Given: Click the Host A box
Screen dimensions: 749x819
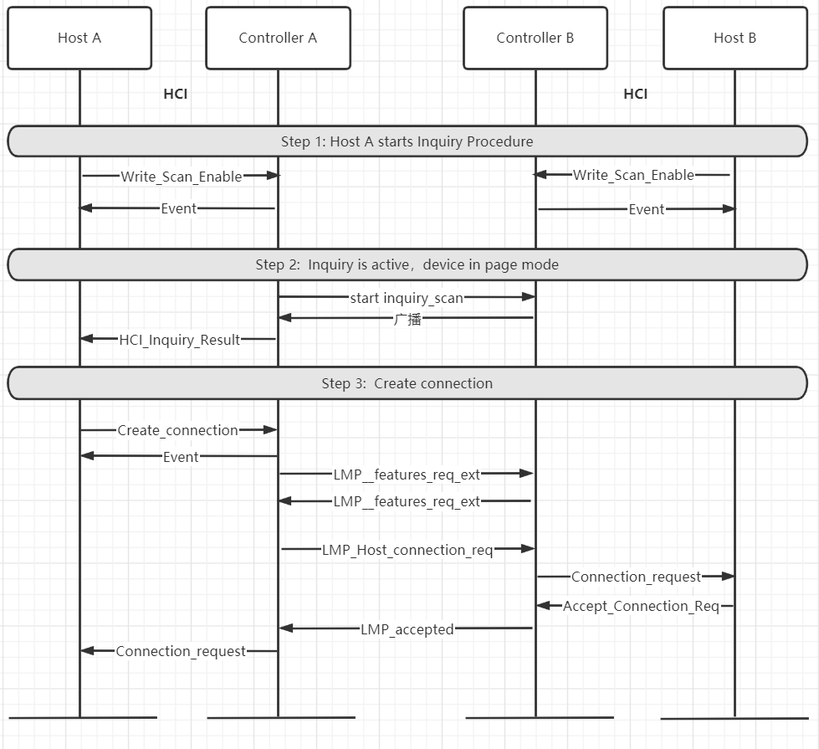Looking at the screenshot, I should [x=79, y=38].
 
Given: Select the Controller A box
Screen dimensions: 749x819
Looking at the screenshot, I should [x=278, y=38].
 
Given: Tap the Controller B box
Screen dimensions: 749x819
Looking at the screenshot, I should [x=535, y=38].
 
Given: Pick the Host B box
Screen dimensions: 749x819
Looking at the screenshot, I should [x=735, y=38].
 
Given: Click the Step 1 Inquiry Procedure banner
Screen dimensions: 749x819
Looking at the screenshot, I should [x=407, y=141].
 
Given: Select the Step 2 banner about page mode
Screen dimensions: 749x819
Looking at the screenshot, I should [x=407, y=264].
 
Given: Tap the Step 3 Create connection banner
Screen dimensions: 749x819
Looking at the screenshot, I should [x=407, y=383].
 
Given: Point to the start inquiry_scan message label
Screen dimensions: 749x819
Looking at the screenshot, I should [x=407, y=297].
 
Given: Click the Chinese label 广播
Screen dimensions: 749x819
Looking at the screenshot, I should [x=407, y=319].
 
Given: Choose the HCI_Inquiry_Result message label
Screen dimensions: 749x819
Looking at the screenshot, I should [x=180, y=340].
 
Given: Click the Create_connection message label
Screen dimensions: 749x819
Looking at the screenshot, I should [x=177, y=430].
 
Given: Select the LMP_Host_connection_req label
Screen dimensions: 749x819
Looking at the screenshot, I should [x=407, y=550].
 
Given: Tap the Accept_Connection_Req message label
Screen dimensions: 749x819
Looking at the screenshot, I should [x=641, y=606].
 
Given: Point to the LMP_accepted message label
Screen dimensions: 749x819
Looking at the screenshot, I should [x=407, y=629].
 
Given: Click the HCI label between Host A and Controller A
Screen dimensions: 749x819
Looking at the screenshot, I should [x=176, y=94].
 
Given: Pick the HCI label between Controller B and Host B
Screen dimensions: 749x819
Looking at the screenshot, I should [x=636, y=94].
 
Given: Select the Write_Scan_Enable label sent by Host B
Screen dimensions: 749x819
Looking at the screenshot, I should [x=633, y=175].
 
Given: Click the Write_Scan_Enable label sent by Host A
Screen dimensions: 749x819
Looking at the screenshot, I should [x=182, y=177].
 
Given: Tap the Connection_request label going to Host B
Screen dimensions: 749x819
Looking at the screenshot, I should [x=636, y=577].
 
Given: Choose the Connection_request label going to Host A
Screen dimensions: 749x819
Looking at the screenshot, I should [x=181, y=651].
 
